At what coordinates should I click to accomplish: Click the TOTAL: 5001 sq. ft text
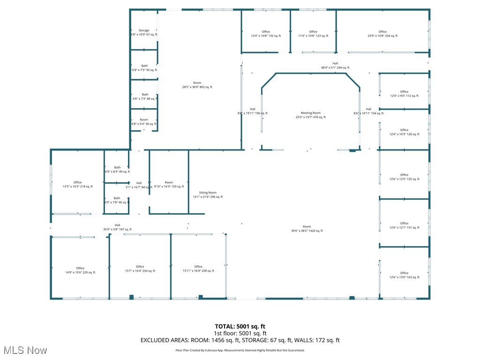(240, 326)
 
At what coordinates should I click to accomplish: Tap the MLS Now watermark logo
(24, 350)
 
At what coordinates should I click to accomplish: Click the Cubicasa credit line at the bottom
(240, 350)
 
